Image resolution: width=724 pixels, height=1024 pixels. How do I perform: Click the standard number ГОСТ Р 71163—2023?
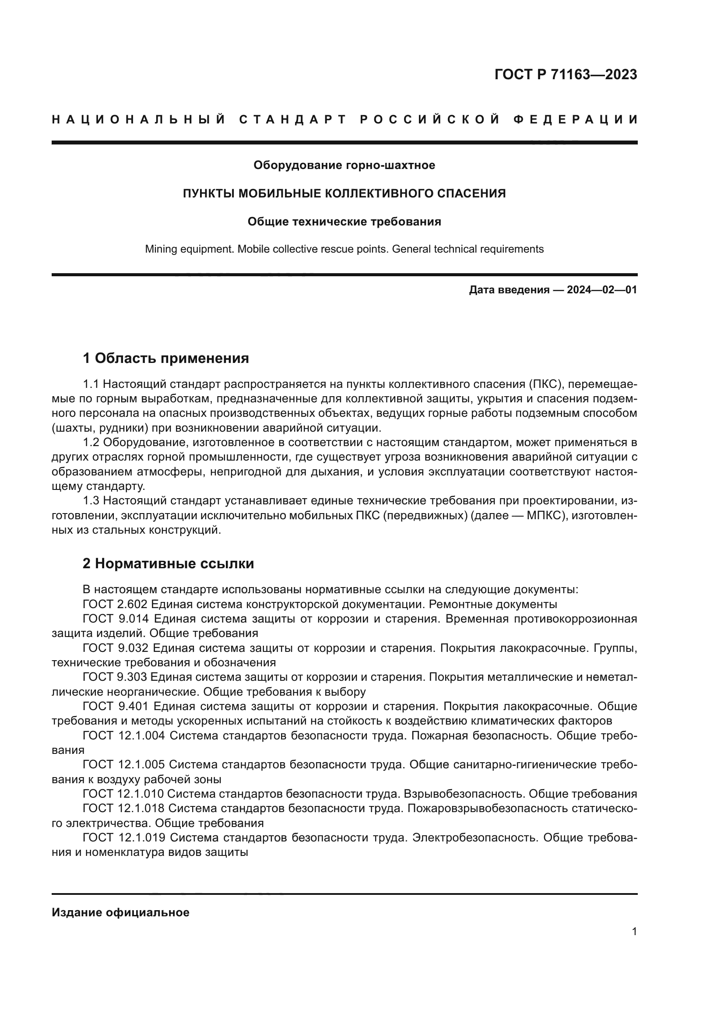565,74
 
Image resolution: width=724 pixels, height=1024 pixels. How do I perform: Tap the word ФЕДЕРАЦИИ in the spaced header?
576,120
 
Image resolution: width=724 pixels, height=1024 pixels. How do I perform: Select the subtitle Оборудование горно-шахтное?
344,165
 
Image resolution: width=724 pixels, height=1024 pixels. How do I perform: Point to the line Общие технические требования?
344,222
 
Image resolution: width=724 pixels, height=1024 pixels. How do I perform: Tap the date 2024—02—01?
602,290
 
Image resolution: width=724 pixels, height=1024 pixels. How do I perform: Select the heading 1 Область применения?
166,358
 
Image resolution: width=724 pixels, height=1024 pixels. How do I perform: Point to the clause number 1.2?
92,443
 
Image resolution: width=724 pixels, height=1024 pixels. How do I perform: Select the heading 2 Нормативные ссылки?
168,563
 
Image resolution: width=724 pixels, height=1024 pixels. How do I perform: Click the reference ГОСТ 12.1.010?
123,794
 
